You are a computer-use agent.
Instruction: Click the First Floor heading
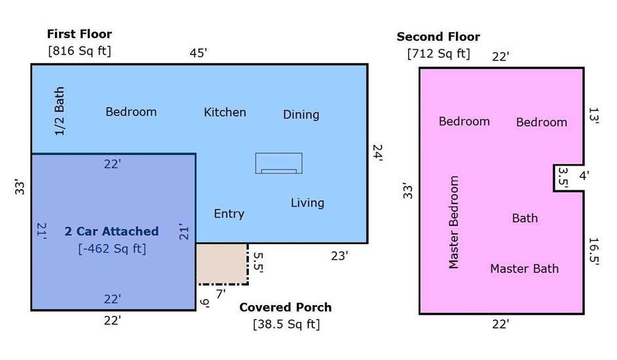pos(79,34)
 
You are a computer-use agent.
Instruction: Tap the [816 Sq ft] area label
pos(79,51)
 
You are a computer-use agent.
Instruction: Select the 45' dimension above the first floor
pos(198,53)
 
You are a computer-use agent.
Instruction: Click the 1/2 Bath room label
pos(59,111)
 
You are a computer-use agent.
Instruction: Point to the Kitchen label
pos(225,112)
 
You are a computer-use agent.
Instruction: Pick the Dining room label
pos(301,115)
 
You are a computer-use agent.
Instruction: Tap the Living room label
pos(307,203)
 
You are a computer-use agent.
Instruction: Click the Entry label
pos(229,213)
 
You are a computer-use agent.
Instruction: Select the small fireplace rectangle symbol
pos(278,163)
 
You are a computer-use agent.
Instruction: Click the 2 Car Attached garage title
pos(111,231)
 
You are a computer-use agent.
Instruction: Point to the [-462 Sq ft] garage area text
pos(112,249)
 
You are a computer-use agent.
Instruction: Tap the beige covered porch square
pos(222,263)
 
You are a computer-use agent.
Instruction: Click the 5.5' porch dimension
pos(258,262)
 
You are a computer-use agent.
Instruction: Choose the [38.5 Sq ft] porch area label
pos(286,324)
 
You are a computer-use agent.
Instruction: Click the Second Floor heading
pos(438,37)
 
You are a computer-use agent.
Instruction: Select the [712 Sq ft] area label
pos(438,54)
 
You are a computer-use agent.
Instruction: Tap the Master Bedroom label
pos(454,222)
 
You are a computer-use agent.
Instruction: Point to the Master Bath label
pos(524,269)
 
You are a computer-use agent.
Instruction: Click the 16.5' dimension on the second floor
pos(594,252)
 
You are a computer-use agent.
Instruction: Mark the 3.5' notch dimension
pos(563,178)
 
